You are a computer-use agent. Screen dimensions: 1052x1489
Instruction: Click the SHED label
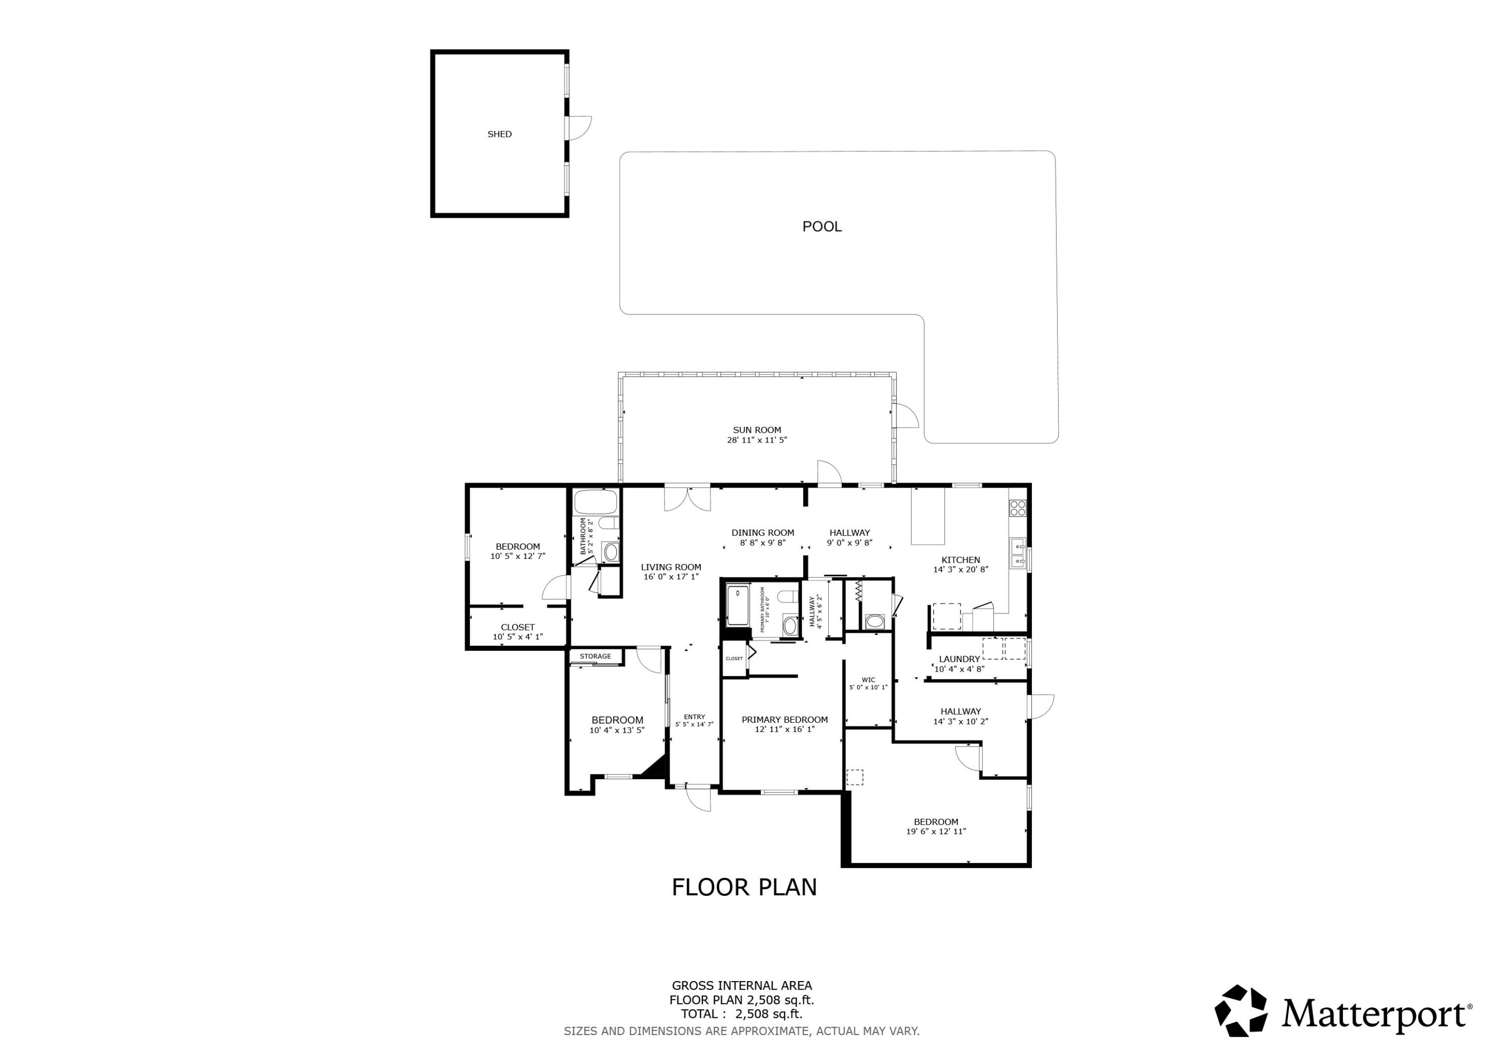[499, 134]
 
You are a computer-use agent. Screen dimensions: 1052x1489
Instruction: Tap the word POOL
[821, 226]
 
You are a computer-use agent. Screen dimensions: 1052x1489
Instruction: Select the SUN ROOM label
[757, 430]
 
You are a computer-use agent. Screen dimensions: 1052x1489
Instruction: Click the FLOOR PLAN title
[744, 887]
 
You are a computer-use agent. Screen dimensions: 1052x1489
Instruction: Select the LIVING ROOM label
[671, 567]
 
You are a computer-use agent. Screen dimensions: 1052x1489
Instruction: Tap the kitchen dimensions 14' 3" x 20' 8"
[960, 570]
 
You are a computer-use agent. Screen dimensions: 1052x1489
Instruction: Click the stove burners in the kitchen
[1017, 507]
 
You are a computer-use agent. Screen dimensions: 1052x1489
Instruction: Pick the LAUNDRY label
[959, 659]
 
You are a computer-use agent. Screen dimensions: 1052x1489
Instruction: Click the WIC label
[869, 680]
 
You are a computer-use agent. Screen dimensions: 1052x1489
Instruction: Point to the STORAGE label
[595, 656]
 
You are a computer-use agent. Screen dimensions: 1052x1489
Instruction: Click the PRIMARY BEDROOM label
[785, 720]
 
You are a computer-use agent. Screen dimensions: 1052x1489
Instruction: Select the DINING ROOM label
[763, 533]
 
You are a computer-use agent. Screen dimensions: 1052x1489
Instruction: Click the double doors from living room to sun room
[687, 498]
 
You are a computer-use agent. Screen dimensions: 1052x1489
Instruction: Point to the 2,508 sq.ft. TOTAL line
[741, 1014]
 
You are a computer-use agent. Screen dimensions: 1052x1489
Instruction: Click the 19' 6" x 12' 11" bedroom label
[936, 831]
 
